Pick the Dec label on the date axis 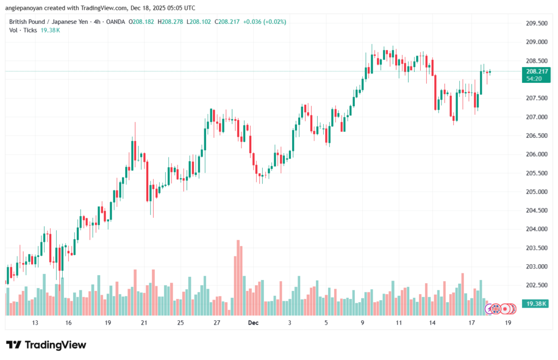(x=253, y=322)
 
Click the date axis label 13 (x=35, y=322)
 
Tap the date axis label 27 (x=217, y=322)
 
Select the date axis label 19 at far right (x=508, y=322)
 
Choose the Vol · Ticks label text (x=23, y=30)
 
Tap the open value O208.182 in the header (x=142, y=22)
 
